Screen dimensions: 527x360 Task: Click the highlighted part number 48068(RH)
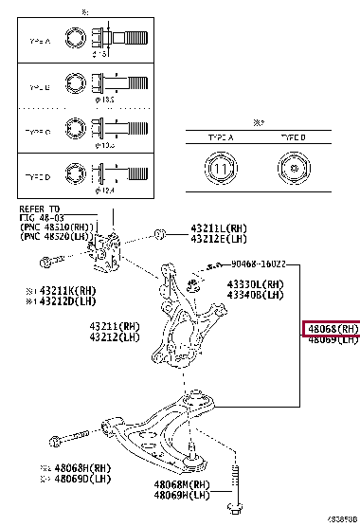click(331, 329)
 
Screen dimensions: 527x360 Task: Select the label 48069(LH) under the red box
click(331, 340)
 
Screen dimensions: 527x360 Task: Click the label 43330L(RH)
click(255, 283)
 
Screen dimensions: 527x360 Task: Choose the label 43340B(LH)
click(255, 294)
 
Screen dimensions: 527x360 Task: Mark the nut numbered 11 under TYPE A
click(220, 172)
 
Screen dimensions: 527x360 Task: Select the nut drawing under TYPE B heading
click(292, 172)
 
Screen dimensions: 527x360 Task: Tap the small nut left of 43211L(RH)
click(161, 232)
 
